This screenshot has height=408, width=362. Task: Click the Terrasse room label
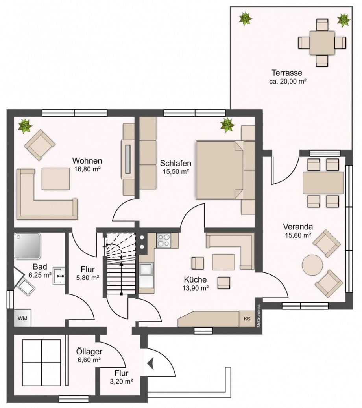tap(287, 73)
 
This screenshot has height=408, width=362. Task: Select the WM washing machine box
tap(22, 318)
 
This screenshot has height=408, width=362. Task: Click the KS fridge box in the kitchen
tap(247, 319)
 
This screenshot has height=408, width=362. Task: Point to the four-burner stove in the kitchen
tap(164, 240)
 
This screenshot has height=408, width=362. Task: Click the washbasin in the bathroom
tap(59, 276)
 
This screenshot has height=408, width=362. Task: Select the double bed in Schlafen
tap(225, 170)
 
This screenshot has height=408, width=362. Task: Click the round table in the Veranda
tap(312, 265)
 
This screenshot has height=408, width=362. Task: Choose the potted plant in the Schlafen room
tap(227, 125)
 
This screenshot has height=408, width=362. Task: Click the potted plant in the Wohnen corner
tap(25, 126)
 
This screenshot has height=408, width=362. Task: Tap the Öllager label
tap(89, 352)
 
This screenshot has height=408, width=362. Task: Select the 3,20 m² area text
tap(122, 382)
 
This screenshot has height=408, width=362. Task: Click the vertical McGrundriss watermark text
tap(259, 316)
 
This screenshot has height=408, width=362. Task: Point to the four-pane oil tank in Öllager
tap(42, 363)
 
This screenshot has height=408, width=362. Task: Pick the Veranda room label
tap(298, 227)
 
